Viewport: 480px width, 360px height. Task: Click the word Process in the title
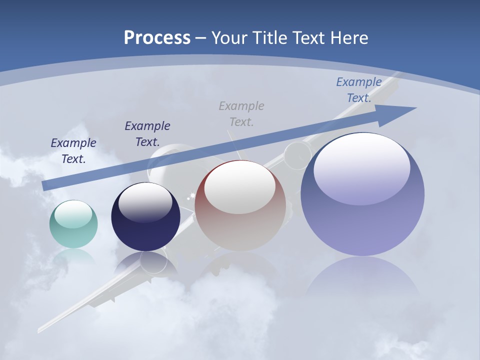(157, 38)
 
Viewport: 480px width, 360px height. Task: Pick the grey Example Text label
(241, 113)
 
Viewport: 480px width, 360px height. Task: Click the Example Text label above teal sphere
(73, 150)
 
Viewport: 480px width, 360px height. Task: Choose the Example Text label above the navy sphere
(147, 133)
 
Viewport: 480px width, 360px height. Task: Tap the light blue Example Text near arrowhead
(359, 90)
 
